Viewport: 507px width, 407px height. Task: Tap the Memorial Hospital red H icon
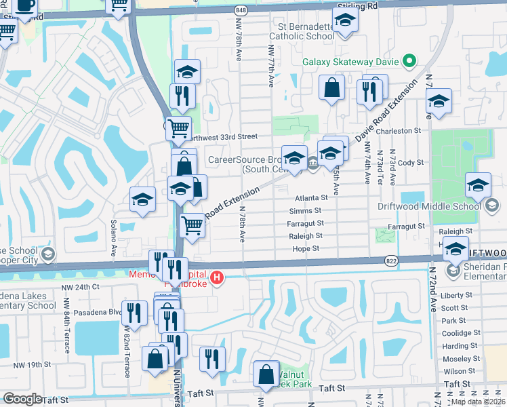coord(217,277)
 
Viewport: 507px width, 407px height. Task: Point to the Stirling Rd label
coord(357,5)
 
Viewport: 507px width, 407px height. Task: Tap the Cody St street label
coord(411,163)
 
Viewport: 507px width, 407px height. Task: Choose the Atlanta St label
coord(312,198)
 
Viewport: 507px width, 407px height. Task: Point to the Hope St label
coord(306,249)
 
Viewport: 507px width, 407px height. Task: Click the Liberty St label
coord(456,295)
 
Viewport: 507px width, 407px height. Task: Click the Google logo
coord(22,399)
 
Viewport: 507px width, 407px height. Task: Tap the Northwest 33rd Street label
coord(224,136)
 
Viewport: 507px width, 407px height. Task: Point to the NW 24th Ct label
coord(81,286)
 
